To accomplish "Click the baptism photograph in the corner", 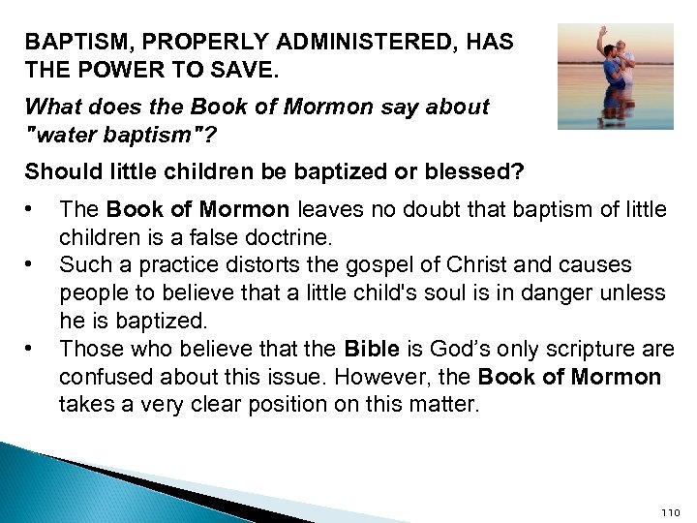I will tap(615, 77).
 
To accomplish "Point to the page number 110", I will tap(670, 511).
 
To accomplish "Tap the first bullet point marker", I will tap(32, 207).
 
